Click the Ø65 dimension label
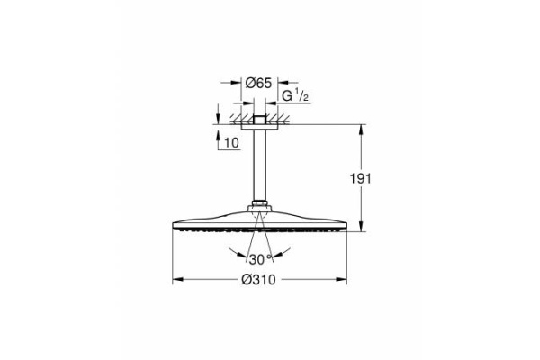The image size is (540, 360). pos(260,83)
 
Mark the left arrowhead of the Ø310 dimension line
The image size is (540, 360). pos(173,280)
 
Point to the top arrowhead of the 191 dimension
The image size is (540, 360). pos(362,128)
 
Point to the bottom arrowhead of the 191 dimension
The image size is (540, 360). pos(362,230)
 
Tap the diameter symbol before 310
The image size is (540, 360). pos(247,280)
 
